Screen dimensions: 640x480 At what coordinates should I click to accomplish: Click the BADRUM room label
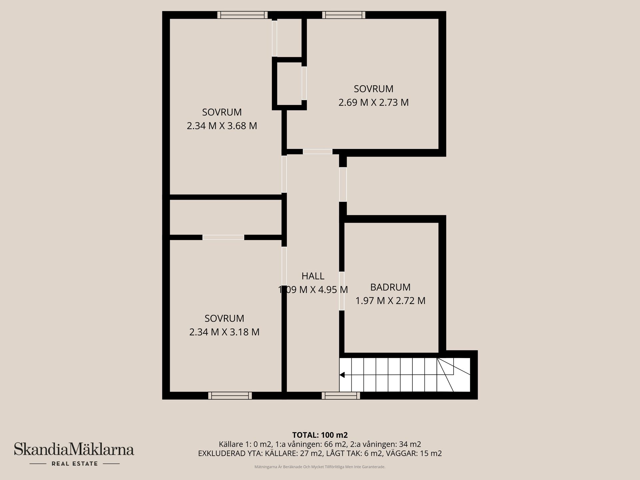point(390,287)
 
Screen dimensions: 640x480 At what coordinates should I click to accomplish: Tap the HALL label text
point(313,276)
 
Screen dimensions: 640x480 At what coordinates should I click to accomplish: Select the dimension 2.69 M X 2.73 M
point(373,102)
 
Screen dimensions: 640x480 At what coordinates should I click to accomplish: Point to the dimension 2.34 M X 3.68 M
point(222,126)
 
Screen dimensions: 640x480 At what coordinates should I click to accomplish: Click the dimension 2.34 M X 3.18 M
point(224,332)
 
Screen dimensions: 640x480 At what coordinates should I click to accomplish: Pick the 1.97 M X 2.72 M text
point(390,301)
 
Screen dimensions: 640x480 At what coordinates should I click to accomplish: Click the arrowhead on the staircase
point(342,375)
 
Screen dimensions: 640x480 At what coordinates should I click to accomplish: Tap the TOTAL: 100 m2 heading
point(320,435)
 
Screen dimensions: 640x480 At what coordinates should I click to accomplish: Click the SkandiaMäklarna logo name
point(74,449)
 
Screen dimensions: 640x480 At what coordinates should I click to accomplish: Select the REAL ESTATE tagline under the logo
point(75,464)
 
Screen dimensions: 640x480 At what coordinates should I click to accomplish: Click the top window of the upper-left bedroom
point(242,15)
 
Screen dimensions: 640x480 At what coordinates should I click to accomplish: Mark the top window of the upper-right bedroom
point(344,15)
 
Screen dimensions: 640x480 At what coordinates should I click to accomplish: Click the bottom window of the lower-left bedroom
point(230,396)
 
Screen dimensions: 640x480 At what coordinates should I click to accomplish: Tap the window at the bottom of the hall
point(341,396)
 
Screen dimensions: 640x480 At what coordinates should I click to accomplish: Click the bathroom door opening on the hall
point(342,291)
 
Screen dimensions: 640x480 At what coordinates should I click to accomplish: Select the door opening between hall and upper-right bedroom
point(317,152)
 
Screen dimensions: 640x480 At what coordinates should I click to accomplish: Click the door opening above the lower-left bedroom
point(223,237)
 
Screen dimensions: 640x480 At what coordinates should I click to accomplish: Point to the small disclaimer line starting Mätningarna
point(320,467)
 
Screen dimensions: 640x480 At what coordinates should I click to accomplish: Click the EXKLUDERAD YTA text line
point(320,453)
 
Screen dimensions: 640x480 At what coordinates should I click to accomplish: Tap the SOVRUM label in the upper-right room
point(373,89)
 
